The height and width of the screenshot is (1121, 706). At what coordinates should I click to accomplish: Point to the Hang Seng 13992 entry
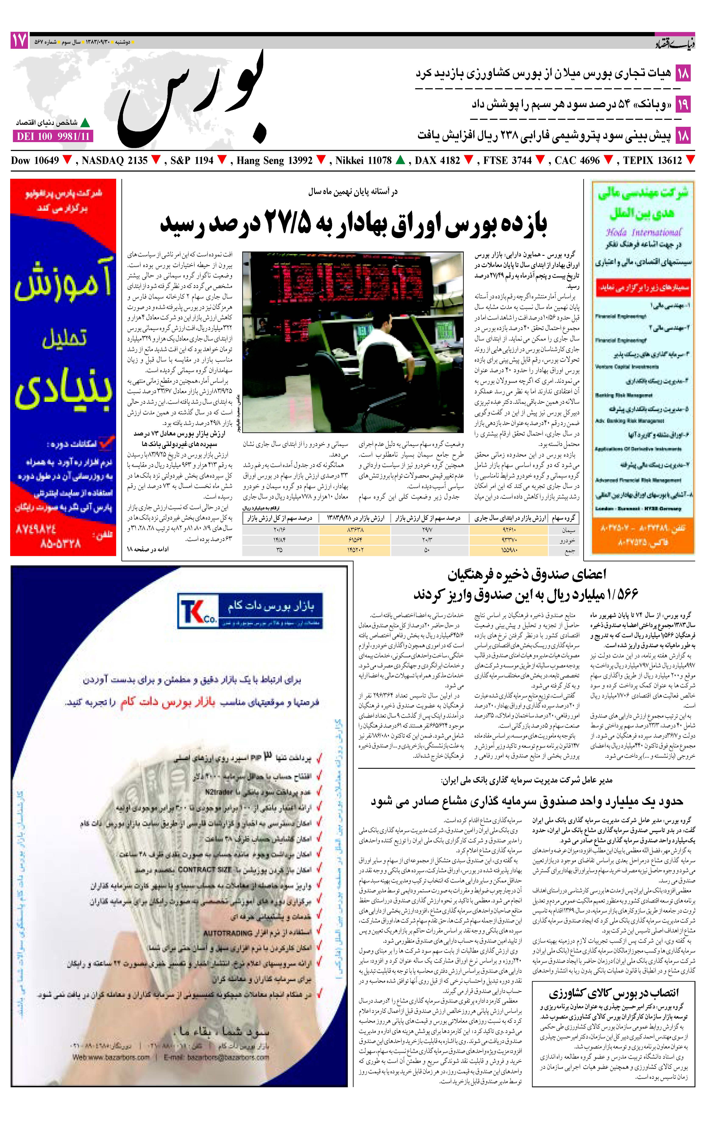pos(274,161)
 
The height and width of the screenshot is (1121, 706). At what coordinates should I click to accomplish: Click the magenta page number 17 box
pos(19,41)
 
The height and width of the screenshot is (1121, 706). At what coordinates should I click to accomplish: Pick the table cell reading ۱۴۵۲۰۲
pos(355,550)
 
